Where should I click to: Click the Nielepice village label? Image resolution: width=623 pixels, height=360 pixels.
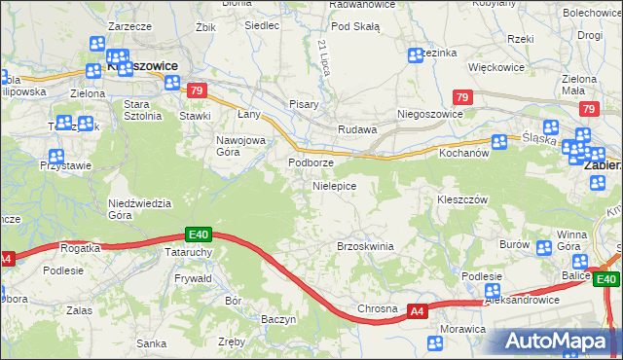[334, 185]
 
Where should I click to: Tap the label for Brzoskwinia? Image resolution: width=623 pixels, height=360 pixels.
[365, 246]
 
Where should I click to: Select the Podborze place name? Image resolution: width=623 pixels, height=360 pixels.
[311, 162]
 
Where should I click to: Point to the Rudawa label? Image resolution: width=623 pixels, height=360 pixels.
[356, 129]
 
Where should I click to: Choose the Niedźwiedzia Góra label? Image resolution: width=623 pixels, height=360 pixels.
[139, 208]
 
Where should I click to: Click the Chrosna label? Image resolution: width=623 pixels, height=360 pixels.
[378, 309]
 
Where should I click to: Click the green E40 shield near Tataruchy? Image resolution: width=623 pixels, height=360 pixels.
[199, 234]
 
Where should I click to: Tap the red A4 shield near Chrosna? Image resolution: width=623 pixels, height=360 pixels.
[417, 311]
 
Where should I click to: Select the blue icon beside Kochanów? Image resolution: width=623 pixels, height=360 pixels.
[499, 142]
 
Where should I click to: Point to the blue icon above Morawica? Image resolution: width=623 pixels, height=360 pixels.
[435, 342]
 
